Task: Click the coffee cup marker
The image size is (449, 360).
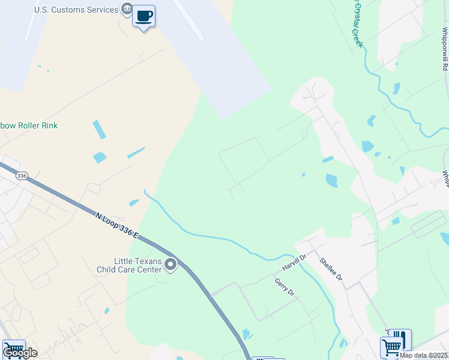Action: [x=143, y=16]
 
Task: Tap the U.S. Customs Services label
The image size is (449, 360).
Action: [x=76, y=10]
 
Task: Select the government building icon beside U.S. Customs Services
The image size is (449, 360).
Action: [x=127, y=9]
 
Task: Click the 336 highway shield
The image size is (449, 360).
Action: [x=22, y=176]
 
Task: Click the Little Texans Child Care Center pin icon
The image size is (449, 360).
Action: [x=171, y=265]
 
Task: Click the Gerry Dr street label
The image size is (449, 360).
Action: [x=285, y=287]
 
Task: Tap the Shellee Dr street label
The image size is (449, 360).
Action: [x=331, y=269]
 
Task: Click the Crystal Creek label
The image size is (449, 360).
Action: [x=355, y=24]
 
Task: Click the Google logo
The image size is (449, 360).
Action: [x=20, y=353]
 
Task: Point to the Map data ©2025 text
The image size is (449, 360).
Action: [x=424, y=355]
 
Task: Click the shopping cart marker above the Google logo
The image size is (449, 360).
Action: [x=13, y=347]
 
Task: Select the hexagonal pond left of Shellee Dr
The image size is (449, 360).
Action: [x=331, y=180]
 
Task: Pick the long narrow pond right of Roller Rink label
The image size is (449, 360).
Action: [x=99, y=130]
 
